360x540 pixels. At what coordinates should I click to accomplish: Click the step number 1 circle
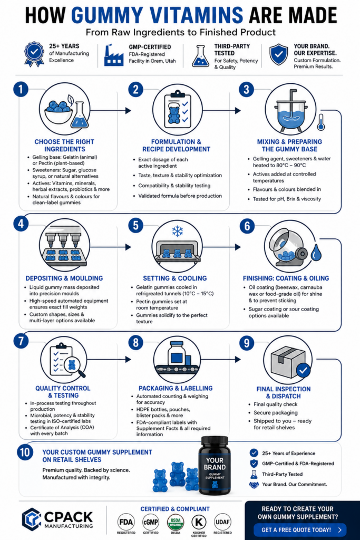click(21, 89)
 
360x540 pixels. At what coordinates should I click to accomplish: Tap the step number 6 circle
click(247, 226)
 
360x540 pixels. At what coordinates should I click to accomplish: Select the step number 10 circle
click(25, 452)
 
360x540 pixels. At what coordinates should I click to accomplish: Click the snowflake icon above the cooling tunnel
click(177, 231)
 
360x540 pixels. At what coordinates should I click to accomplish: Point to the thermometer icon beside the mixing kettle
click(321, 122)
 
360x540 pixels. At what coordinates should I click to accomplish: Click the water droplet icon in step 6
click(316, 253)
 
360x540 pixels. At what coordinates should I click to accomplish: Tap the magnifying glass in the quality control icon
click(74, 367)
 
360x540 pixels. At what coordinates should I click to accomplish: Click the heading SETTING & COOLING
click(175, 278)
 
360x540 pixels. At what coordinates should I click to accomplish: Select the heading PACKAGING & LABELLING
click(176, 388)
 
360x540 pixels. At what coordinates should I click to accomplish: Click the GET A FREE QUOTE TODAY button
click(300, 529)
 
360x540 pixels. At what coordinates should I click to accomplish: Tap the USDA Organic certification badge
click(176, 523)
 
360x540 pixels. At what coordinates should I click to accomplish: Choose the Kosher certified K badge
click(199, 523)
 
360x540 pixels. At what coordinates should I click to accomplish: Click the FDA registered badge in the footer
click(126, 522)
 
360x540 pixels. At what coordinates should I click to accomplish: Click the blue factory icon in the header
click(113, 55)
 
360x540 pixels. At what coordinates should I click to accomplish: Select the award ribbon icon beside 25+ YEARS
click(34, 54)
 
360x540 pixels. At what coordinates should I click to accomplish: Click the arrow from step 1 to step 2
click(111, 111)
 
